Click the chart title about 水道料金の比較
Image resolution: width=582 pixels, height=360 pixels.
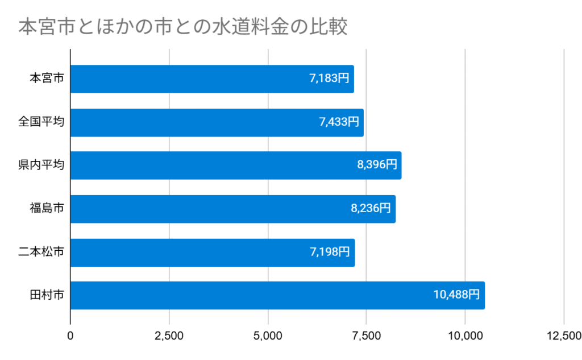point(182,27)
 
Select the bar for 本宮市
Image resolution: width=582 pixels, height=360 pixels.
point(212,79)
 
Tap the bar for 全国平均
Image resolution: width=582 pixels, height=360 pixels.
point(217,122)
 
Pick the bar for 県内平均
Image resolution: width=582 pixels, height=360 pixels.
point(236,165)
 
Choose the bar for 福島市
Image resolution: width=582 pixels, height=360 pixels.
point(232,209)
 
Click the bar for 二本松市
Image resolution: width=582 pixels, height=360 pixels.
point(213,252)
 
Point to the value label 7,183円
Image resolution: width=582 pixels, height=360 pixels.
point(329,79)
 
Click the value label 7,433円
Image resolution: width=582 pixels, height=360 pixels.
point(339,122)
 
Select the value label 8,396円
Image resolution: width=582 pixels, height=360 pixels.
point(377,165)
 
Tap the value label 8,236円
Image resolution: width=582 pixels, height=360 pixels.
point(371,209)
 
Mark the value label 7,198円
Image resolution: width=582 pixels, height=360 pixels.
point(330,252)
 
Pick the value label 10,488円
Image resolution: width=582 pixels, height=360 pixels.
point(456,295)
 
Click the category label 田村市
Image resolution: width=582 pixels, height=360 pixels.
point(47,295)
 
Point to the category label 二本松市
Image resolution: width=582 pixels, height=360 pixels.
point(41,252)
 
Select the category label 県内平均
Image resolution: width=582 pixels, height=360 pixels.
point(41,165)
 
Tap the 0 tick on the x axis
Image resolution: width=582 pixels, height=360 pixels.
point(70,336)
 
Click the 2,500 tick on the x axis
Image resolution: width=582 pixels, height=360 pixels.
point(169,336)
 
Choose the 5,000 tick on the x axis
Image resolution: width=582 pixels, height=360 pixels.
point(268,336)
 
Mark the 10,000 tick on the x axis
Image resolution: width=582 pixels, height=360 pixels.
point(465,336)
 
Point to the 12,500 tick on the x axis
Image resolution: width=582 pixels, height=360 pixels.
point(563,336)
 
